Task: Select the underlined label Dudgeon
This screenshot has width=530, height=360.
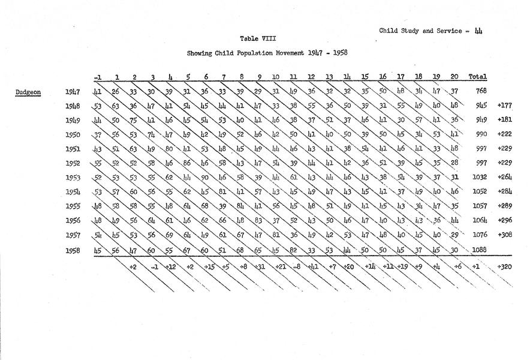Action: (28, 92)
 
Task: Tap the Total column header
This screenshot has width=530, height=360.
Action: (477, 77)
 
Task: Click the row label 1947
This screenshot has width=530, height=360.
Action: (73, 92)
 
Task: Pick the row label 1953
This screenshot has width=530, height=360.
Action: (73, 178)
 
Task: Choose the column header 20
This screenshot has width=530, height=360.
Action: (454, 77)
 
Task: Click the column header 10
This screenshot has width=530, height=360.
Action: (276, 77)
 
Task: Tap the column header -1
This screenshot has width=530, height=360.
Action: (97, 77)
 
